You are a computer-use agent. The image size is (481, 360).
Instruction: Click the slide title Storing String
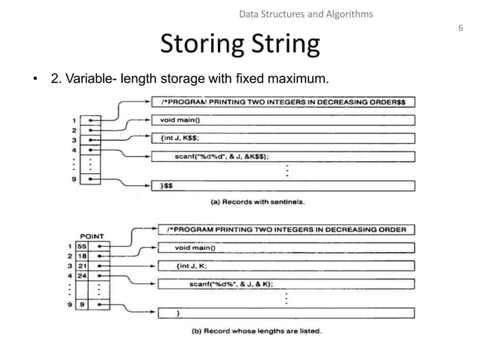click(x=240, y=45)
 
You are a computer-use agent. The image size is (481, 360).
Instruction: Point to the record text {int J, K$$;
click(x=185, y=138)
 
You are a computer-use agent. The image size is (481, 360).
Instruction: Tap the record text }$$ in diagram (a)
click(x=168, y=185)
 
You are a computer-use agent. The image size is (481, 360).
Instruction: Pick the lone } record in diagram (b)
click(x=177, y=313)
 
